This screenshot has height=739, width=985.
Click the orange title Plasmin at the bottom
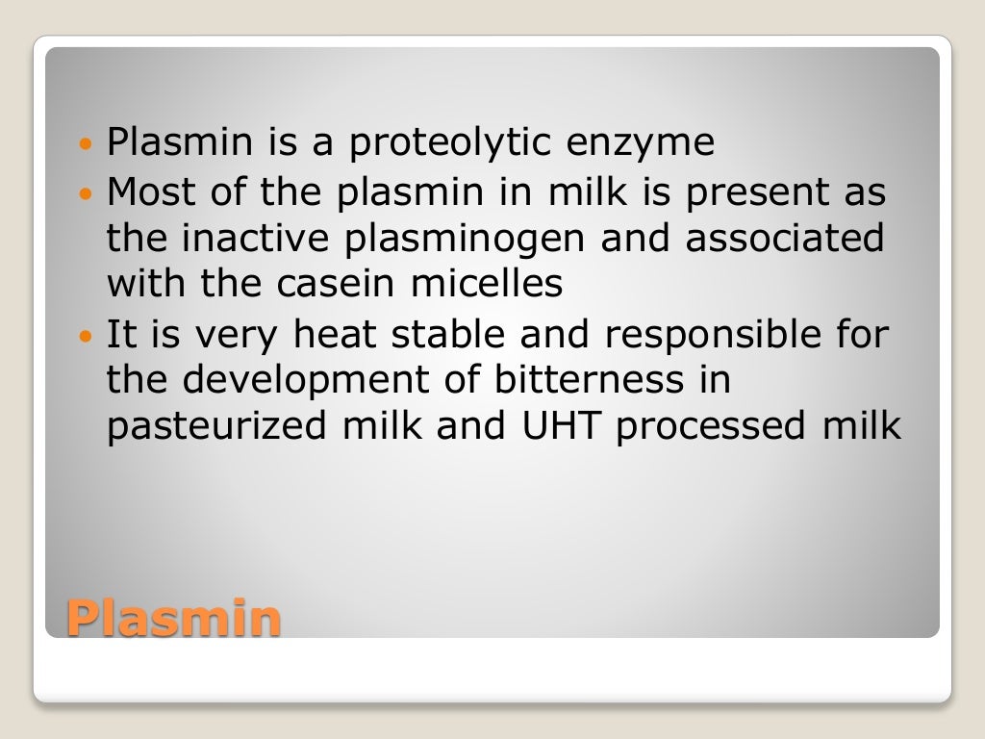tap(174, 618)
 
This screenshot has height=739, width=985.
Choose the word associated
tap(784, 238)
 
